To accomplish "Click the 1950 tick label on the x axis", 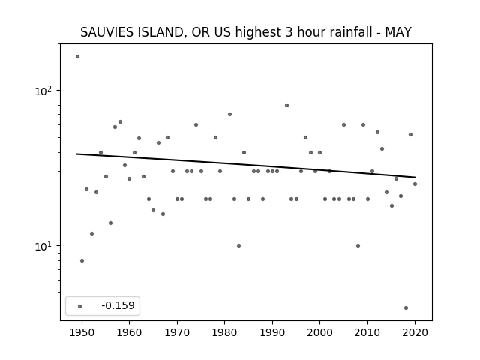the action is pyautogui.click(x=82, y=332).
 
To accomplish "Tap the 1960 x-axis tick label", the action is pyautogui.click(x=129, y=332).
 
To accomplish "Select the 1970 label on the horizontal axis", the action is pyautogui.click(x=177, y=332).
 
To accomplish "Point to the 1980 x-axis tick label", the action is pyautogui.click(x=224, y=332).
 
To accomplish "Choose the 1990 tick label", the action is pyautogui.click(x=272, y=332).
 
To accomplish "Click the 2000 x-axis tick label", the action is pyautogui.click(x=319, y=332).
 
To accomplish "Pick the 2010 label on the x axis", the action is pyautogui.click(x=367, y=332).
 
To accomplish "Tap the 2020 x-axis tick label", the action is pyautogui.click(x=415, y=332).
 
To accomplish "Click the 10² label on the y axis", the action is pyautogui.click(x=44, y=91).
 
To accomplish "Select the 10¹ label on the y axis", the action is pyautogui.click(x=44, y=246).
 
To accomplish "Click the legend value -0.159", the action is pyautogui.click(x=118, y=305).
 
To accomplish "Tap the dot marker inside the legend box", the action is pyautogui.click(x=80, y=306).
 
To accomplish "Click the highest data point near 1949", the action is pyautogui.click(x=77, y=57).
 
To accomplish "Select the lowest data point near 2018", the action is pyautogui.click(x=406, y=308).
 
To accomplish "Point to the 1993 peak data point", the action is pyautogui.click(x=286, y=105).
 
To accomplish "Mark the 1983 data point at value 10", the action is pyautogui.click(x=238, y=245).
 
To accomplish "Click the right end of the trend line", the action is pyautogui.click(x=415, y=177).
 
